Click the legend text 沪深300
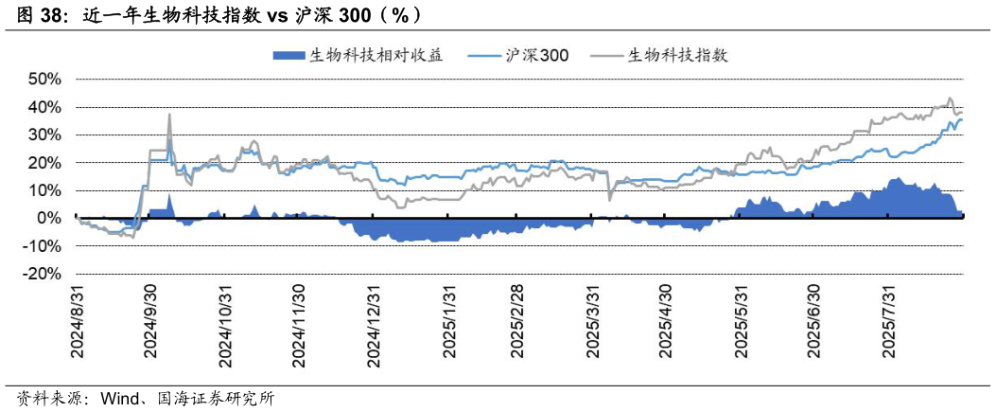pos(537,55)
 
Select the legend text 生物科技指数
pos(677,55)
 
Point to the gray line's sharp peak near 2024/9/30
pos(169,115)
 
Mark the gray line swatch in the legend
pos(605,55)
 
